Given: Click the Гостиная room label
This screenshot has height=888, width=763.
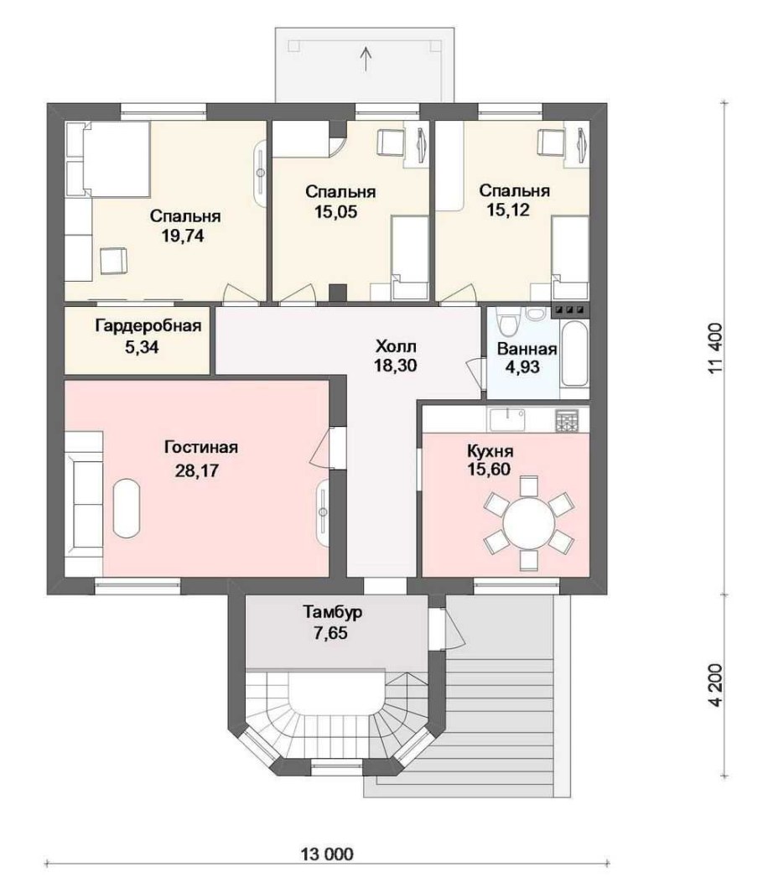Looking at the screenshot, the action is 201,448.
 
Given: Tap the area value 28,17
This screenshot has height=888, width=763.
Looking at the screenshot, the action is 196,470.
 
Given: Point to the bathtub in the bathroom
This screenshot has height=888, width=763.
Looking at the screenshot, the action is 574,353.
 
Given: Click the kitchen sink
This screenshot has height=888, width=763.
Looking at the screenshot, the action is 507,419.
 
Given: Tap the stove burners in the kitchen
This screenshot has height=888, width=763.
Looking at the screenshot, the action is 567,421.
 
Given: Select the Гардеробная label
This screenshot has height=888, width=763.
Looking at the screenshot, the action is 148,325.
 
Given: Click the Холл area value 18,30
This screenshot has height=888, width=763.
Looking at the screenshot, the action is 396,366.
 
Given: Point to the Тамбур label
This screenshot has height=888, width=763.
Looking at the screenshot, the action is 333,612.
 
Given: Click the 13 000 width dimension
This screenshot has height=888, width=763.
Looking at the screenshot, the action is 327,854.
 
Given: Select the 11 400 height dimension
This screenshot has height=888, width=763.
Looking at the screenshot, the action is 715,348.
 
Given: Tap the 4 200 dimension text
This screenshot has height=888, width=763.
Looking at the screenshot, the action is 715,685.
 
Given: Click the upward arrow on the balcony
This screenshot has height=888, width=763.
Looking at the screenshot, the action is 366,59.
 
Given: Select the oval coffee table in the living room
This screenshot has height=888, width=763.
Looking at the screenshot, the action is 126,508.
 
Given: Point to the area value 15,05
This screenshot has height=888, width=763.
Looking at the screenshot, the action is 336,212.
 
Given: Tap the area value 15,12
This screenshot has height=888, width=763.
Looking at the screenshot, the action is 508,210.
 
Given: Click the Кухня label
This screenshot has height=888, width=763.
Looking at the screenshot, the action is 490,451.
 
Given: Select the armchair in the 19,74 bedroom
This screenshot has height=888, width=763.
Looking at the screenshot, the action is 114,261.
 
